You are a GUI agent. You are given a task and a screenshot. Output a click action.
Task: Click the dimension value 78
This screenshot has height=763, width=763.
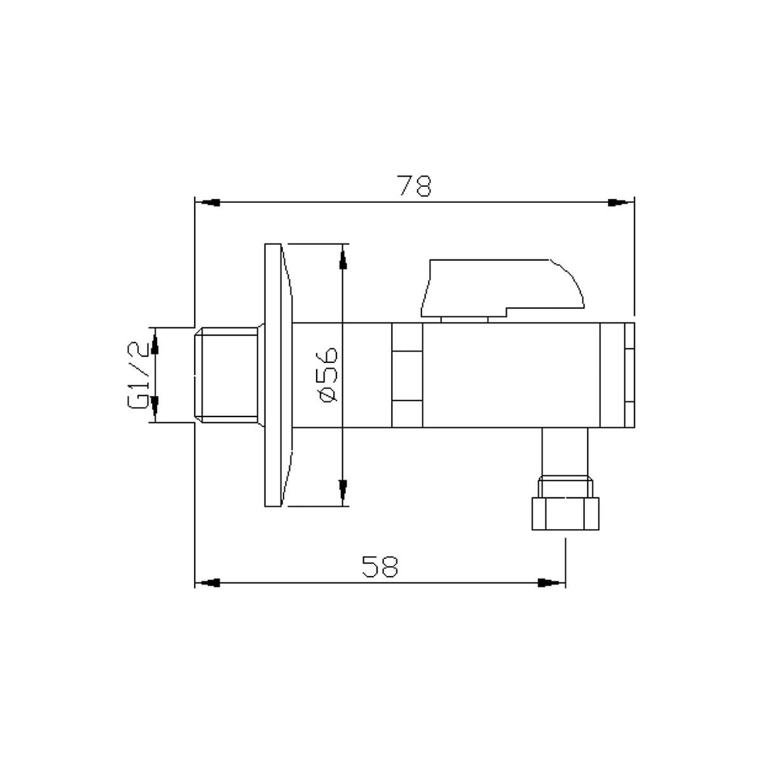pos(415,186)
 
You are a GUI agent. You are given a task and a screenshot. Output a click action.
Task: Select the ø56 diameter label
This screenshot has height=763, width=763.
pos(329,375)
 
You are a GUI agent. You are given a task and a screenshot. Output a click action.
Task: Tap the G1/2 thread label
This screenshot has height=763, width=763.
pos(138,375)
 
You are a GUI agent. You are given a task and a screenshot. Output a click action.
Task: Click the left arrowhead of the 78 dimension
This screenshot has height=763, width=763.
pos(210,203)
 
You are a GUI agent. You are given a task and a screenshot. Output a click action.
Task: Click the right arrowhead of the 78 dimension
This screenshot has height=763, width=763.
pos(617,203)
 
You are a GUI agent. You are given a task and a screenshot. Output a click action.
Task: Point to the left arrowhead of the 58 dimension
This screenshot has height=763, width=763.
pos(210,582)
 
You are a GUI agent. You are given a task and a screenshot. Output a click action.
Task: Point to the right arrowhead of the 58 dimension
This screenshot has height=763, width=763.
pos(549,582)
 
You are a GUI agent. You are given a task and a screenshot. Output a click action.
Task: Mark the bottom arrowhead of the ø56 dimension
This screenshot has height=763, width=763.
pos(343,490)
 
